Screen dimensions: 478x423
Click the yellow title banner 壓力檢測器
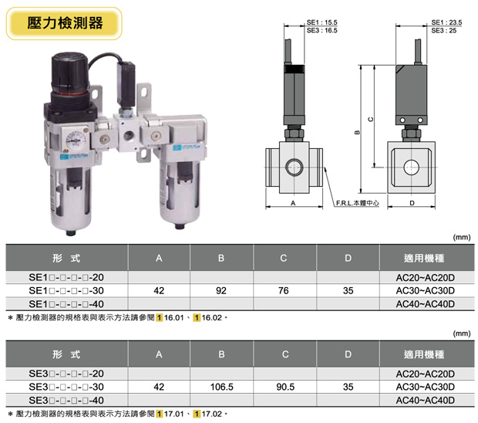pos(64,23)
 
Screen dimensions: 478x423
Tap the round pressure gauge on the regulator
pos(76,140)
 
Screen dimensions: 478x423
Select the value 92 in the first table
pos(221,290)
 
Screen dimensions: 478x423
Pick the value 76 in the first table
pos(283,290)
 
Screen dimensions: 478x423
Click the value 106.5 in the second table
pos(221,387)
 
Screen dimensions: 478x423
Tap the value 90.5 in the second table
pos(285,387)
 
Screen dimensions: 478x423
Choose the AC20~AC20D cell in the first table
pos(426,278)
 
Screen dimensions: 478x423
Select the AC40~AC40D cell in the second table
pos(426,400)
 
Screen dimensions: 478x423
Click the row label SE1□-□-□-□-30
pos(66,290)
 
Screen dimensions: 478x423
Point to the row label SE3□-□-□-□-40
pos(66,400)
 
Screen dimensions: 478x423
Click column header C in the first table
pos(284,258)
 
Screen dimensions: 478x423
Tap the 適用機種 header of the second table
pos(424,354)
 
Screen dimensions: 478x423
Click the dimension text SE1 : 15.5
pos(322,22)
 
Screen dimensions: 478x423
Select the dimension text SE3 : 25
pos(444,31)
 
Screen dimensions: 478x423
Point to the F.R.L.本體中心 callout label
pos(358,203)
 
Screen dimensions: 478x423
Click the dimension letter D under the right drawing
pos(412,203)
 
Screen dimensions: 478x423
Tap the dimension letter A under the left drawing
pos(293,203)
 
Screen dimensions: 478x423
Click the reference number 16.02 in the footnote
pos(211,318)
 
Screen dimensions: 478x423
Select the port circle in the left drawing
pos(294,168)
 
